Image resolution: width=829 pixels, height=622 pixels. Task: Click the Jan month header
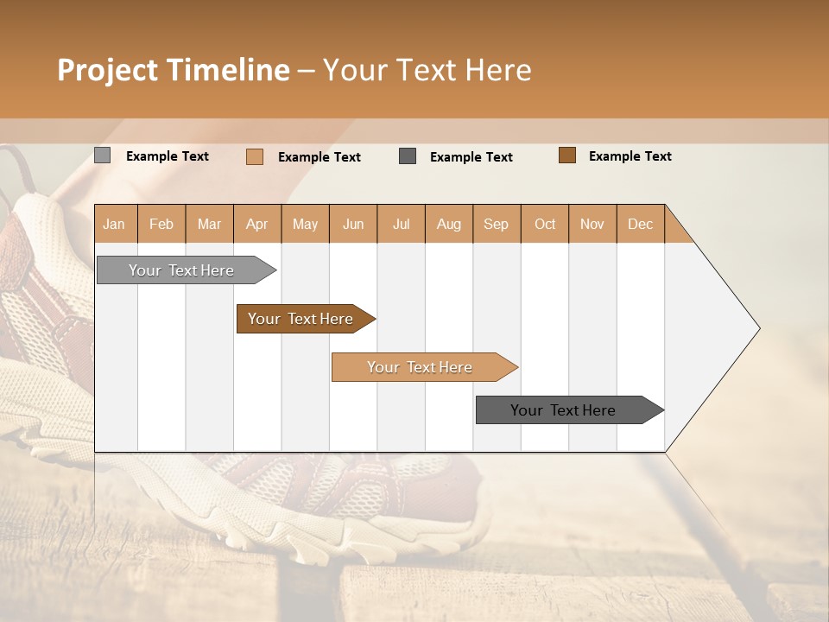coord(115,224)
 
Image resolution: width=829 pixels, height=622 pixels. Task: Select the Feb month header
coord(161,224)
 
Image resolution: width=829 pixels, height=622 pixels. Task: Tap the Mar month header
coord(209,224)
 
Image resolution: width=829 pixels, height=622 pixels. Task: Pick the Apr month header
coord(257,224)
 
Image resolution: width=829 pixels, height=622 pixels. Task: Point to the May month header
coord(305,224)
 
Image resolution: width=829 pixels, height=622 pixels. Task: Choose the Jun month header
coord(353,224)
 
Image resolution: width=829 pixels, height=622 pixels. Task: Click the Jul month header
coord(401,224)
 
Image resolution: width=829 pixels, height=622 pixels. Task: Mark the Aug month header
coord(449,224)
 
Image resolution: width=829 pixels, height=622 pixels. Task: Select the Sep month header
coord(497,224)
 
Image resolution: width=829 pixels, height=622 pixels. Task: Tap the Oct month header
coord(545,224)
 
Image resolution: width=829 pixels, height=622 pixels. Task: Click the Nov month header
coord(592,224)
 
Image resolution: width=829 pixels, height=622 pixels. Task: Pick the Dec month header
coord(640,224)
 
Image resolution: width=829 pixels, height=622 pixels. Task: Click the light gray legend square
coord(102,155)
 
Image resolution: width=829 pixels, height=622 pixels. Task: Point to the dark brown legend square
coord(567,155)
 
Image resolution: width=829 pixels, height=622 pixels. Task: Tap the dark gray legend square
coord(408,155)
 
